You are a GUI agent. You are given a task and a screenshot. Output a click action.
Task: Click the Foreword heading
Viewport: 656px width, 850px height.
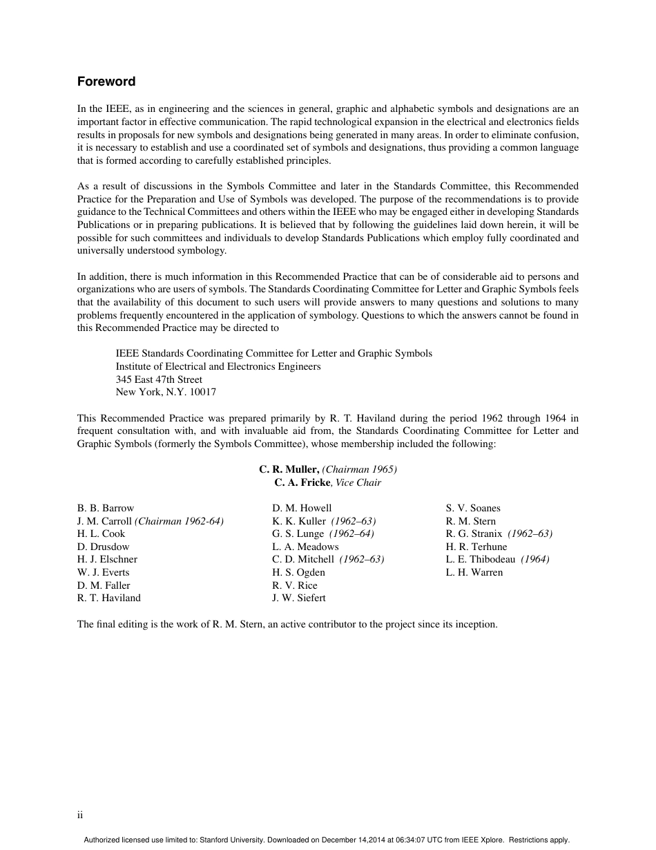pos(106,82)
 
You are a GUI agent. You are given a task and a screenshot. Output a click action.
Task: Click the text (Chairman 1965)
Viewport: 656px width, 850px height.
pos(359,469)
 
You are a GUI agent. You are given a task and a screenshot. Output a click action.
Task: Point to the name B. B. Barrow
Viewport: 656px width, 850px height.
pos(106,508)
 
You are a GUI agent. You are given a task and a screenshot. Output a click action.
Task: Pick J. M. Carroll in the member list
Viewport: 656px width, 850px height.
pos(104,521)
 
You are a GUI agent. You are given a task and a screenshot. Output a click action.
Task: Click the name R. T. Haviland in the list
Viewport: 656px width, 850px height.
pos(108,598)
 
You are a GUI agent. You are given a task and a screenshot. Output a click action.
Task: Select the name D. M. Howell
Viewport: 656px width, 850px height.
pos(302,508)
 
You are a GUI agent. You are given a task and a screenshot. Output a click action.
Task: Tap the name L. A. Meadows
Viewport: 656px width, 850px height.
pos(305,547)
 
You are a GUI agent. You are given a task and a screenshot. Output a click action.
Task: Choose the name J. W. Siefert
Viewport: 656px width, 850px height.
pos(298,598)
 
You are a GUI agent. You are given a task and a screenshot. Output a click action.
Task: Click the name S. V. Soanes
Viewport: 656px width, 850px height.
pos(473,508)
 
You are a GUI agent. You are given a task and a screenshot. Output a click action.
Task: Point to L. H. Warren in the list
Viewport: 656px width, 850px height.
pos(474,572)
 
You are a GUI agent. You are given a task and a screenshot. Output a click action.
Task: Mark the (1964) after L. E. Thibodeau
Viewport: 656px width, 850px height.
pos(535,559)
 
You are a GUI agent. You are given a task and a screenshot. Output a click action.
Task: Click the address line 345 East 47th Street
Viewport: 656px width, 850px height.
pos(159,379)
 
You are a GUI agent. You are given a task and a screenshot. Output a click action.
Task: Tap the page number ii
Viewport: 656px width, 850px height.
pos(80,815)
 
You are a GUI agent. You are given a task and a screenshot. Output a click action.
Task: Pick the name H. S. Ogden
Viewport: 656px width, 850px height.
pos(298,572)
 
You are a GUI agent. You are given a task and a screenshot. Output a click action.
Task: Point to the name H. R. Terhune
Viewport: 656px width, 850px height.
pos(476,547)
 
